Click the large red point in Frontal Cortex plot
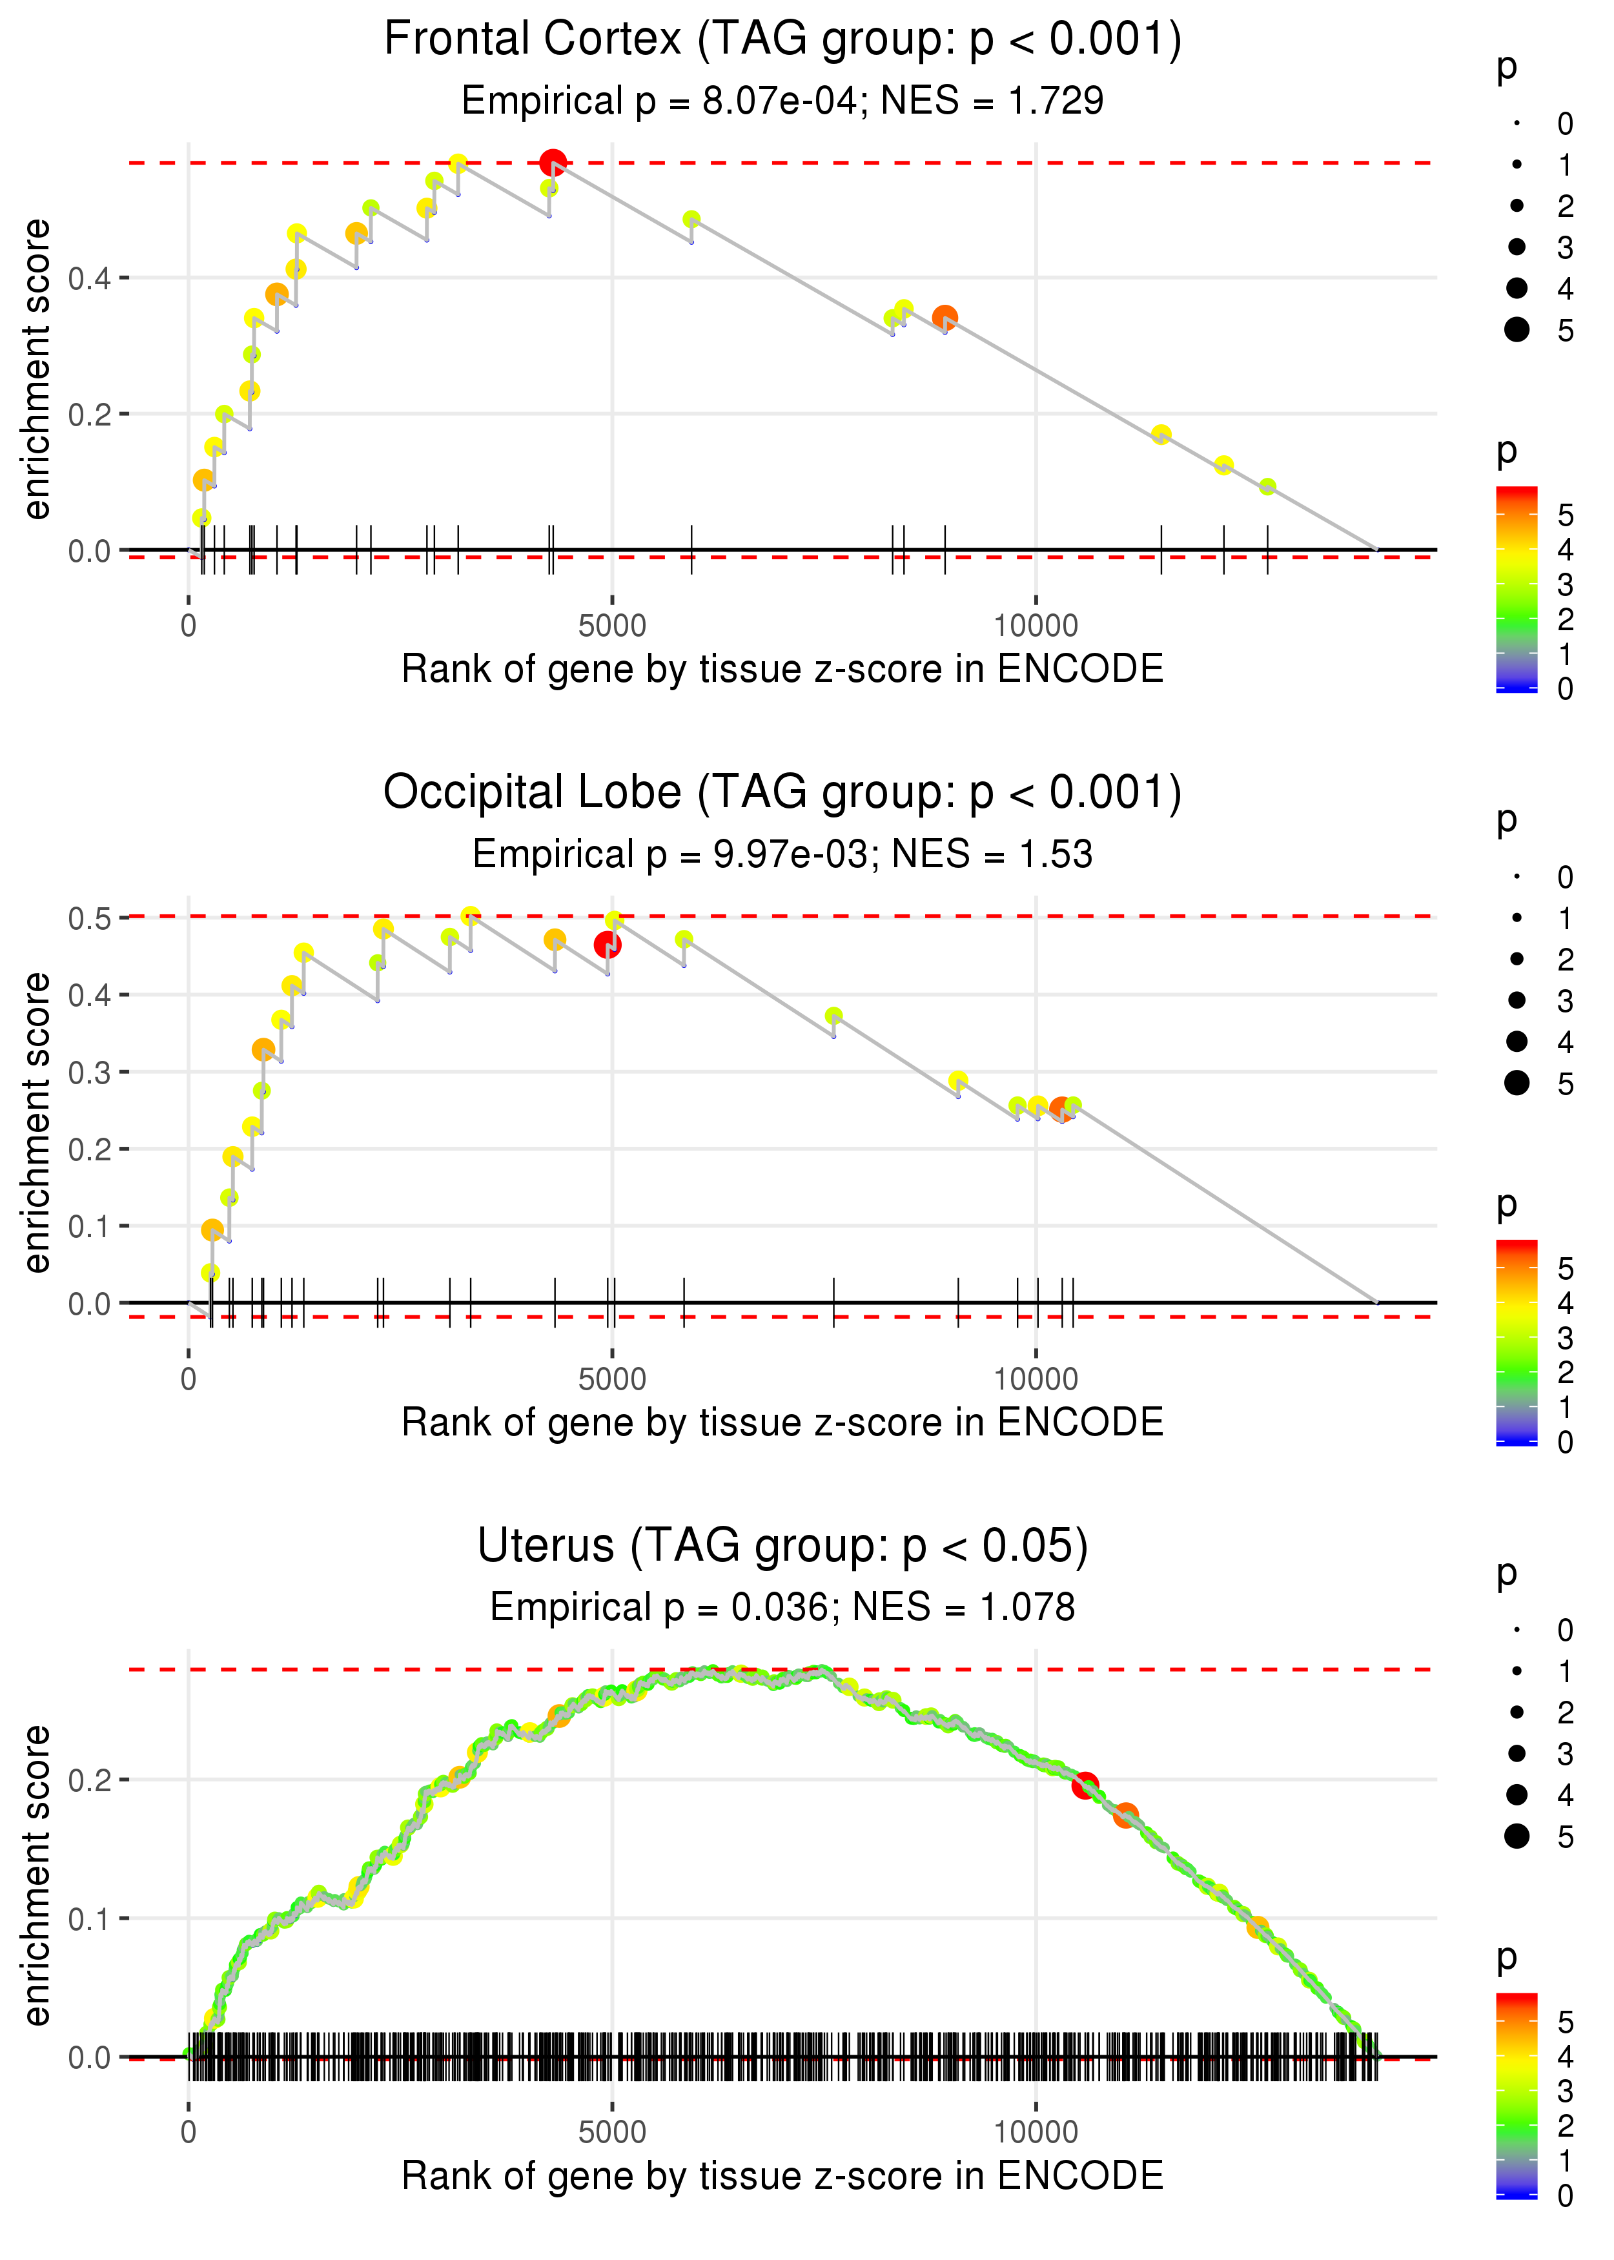click(x=553, y=163)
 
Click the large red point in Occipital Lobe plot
click(x=608, y=944)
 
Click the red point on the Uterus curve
click(x=1085, y=1785)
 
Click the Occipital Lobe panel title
click(x=783, y=793)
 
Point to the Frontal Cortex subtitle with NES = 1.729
click(x=783, y=100)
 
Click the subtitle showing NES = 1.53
click(x=783, y=854)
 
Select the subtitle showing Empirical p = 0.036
click(x=783, y=1607)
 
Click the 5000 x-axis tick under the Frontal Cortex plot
click(x=612, y=626)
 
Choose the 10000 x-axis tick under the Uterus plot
click(x=1036, y=2132)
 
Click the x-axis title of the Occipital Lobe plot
click(x=783, y=1423)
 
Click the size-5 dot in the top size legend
click(x=1517, y=329)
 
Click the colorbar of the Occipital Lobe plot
click(x=1517, y=1342)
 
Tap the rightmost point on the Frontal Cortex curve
click(x=1267, y=487)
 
